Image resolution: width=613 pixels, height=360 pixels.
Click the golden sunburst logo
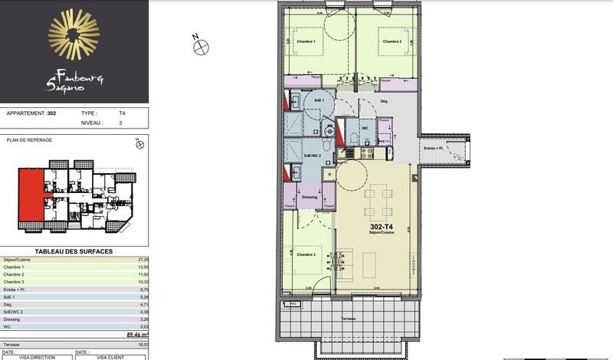point(74,34)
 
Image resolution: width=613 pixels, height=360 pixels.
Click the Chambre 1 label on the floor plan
point(306,41)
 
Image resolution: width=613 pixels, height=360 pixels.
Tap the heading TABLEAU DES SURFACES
point(74,251)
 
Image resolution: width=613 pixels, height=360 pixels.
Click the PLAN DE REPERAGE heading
point(28,140)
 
